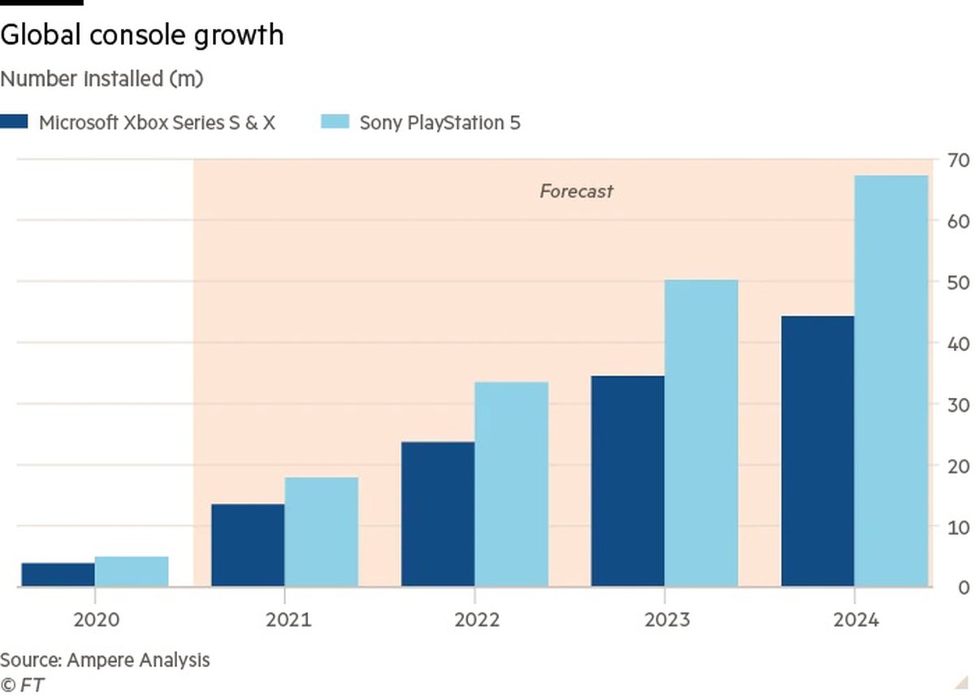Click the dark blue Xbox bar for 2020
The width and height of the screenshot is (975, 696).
[x=58, y=574]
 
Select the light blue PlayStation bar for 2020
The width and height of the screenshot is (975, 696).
[x=132, y=571]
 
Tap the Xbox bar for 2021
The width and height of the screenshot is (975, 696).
[x=248, y=545]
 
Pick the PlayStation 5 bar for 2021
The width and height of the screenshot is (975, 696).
[x=321, y=532]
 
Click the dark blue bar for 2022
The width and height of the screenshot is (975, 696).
[x=438, y=514]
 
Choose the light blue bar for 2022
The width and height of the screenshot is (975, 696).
[x=511, y=484]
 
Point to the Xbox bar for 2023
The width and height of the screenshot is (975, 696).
[x=627, y=481]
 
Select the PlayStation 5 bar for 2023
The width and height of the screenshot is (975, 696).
[x=701, y=433]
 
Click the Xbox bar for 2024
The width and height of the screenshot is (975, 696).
[x=817, y=451]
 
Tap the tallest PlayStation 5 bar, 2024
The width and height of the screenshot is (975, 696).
[x=891, y=381]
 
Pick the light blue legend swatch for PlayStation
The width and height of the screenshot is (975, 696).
[x=335, y=123]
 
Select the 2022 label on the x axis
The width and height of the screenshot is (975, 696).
[x=477, y=620]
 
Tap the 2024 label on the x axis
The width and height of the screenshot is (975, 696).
[x=856, y=620]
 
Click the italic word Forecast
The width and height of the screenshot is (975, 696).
[x=576, y=192]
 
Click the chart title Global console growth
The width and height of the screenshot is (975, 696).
[x=142, y=35]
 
